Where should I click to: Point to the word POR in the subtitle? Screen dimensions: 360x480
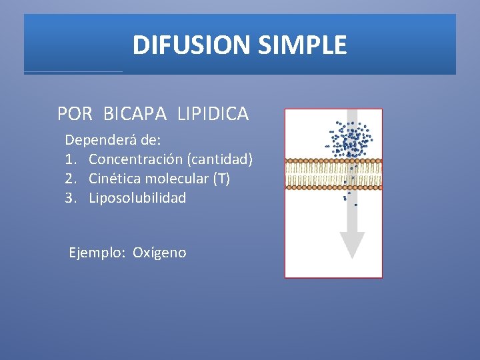[x=75, y=114]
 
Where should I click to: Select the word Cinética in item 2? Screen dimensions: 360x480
[x=113, y=179]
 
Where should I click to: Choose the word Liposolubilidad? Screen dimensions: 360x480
[x=137, y=198]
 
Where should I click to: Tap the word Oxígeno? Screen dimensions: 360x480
[x=159, y=253]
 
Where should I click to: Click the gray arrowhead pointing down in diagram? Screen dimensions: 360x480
[x=352, y=244]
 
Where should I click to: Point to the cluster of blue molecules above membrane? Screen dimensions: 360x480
[x=349, y=138]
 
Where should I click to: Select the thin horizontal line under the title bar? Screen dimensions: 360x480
[x=73, y=71]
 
